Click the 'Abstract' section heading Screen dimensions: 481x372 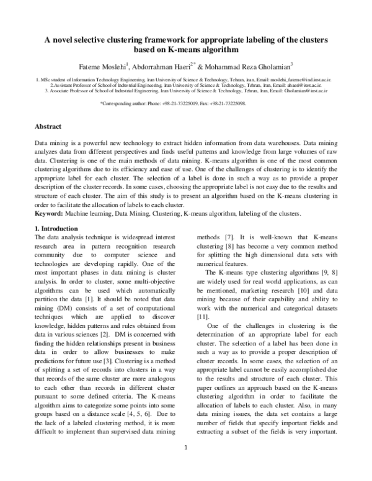click(48, 126)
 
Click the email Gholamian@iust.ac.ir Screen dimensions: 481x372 click(312, 90)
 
